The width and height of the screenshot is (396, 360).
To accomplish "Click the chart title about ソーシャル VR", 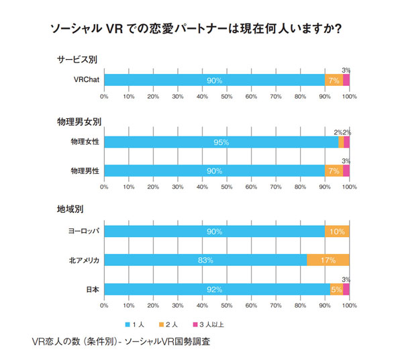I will click(x=198, y=30).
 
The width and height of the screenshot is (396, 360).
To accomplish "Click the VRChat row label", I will click(x=86, y=80).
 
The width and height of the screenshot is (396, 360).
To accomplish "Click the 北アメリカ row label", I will click(x=83, y=259).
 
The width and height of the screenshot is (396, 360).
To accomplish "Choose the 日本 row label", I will click(x=92, y=289).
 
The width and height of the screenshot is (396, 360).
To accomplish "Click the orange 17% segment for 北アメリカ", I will click(x=328, y=259).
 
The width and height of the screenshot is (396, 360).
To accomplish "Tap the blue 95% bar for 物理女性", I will click(x=221, y=142).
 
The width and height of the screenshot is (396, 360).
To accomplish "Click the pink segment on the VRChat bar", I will click(x=346, y=80).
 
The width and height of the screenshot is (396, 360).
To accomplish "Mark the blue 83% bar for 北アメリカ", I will click(x=205, y=259).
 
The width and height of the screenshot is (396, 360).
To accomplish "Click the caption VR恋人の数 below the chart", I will click(x=121, y=341).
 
